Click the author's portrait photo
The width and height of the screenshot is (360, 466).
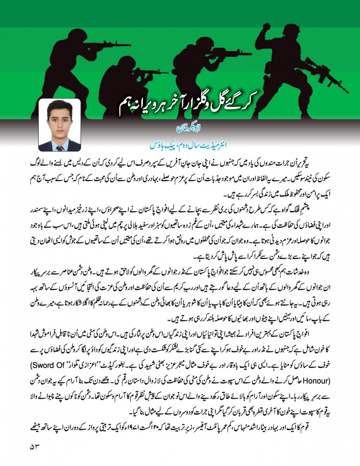coord(59,125)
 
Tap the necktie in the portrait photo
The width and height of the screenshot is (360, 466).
coord(60,145)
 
